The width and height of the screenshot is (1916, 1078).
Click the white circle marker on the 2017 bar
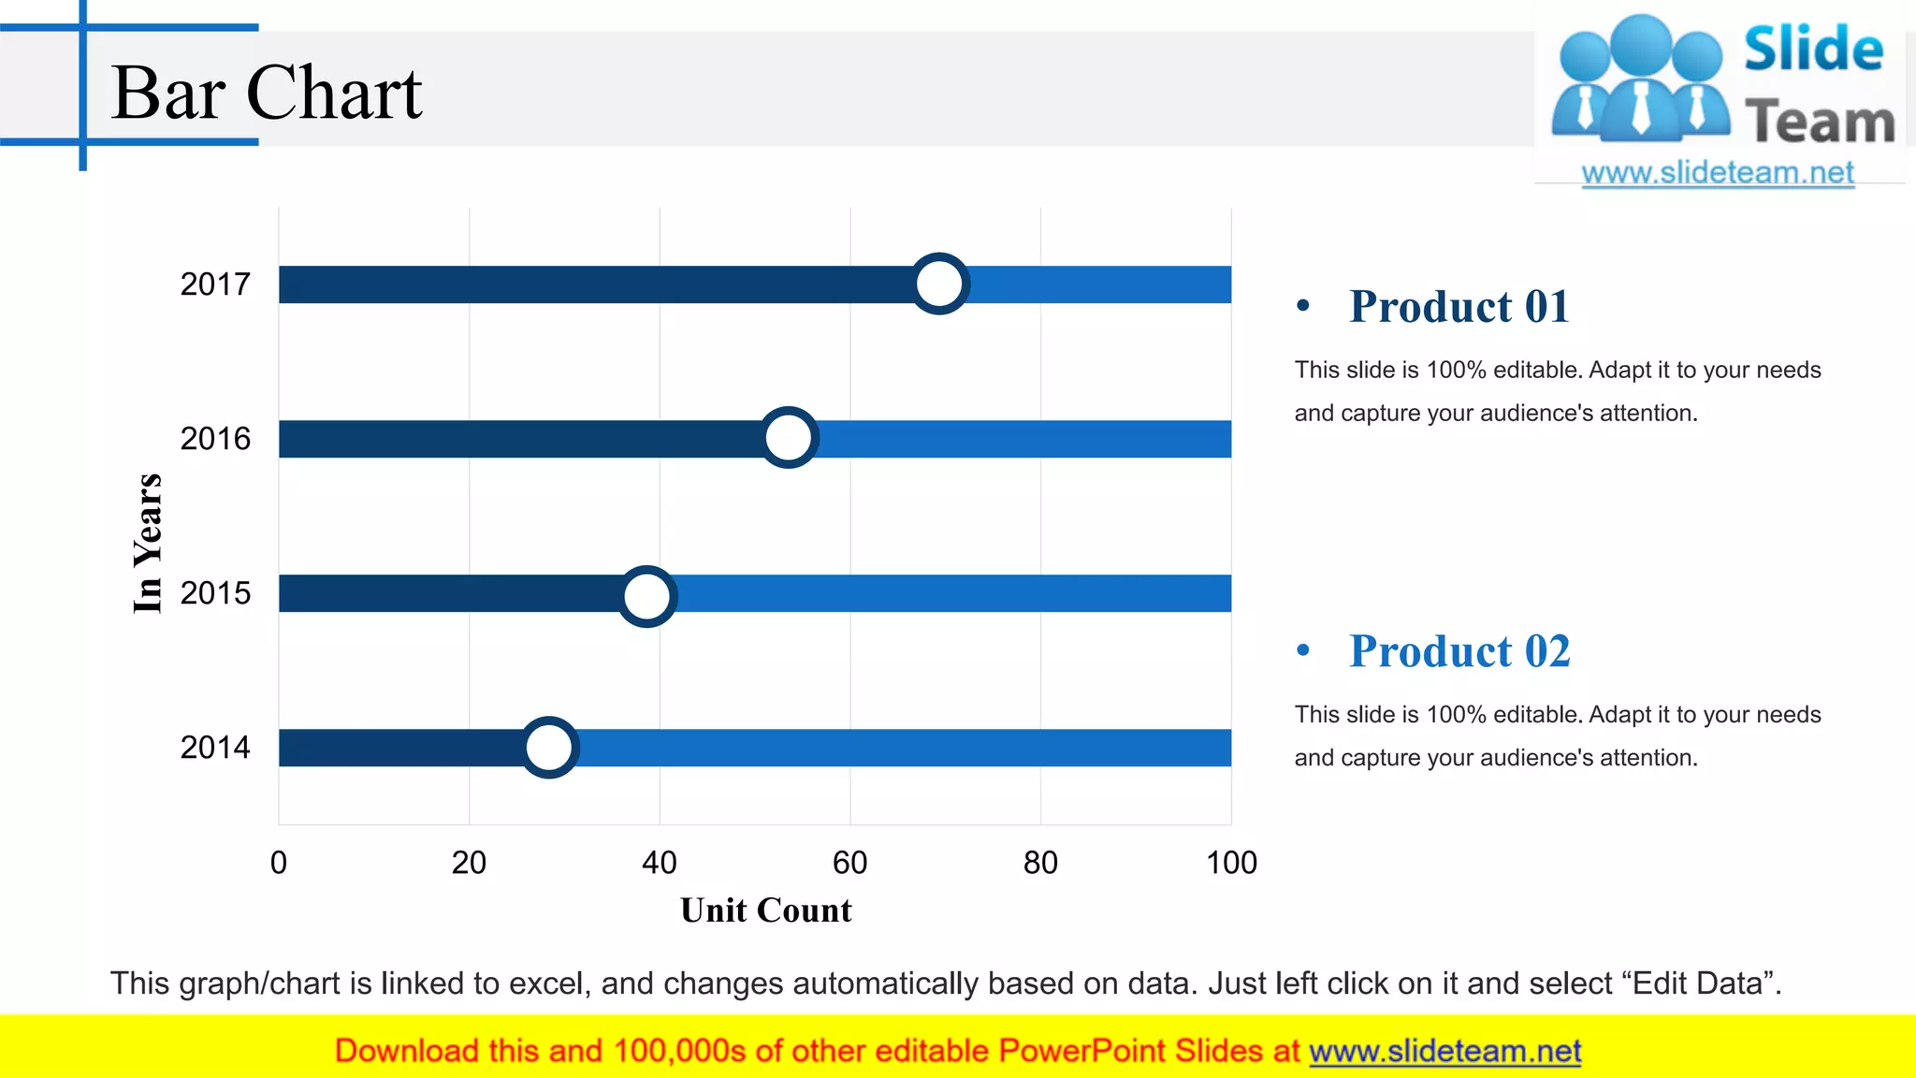pos(938,284)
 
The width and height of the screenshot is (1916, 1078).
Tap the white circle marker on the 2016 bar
pos(788,437)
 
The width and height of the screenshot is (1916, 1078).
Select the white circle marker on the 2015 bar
pos(646,596)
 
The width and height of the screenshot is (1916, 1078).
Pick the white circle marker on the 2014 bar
pos(548,748)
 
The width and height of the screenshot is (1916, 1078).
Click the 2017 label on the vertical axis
pos(215,284)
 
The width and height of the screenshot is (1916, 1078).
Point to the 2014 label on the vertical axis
pos(215,748)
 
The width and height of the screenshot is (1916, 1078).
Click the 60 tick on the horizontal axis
pos(849,863)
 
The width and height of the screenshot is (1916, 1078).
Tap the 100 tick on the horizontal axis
pos(1231,863)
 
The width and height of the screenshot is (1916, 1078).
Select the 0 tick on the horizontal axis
pos(279,863)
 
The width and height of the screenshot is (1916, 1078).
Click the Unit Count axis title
pos(765,910)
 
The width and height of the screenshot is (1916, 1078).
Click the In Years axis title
pos(148,544)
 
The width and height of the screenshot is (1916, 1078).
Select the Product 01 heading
pos(1459,307)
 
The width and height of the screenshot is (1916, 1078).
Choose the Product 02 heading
pos(1459,651)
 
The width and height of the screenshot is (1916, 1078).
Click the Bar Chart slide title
pos(267,94)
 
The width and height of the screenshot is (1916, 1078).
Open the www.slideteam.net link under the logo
pos(1718,173)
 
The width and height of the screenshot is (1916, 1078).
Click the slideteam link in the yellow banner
pos(1444,1052)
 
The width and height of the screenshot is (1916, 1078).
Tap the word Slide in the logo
pos(1813,49)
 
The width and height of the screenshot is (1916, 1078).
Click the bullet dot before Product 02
pos(1303,650)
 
